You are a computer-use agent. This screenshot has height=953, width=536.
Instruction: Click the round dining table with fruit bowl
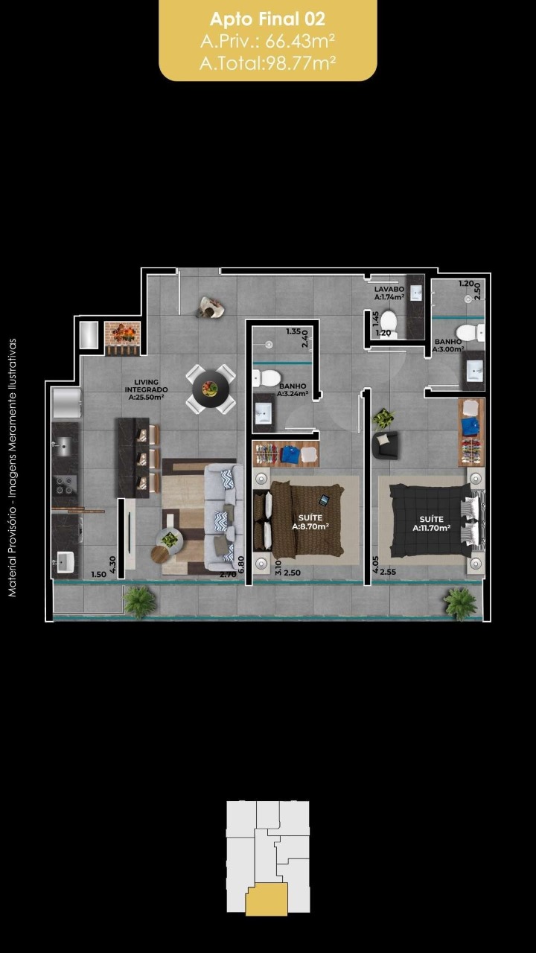210,389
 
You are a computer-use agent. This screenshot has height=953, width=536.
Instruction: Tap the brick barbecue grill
123,338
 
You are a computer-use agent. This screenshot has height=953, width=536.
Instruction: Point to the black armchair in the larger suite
385,444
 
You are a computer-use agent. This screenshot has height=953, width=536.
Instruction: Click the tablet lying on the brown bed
324,500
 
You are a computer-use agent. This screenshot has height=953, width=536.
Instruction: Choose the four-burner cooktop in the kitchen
65,485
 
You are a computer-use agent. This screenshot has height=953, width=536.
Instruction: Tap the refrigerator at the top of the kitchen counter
66,403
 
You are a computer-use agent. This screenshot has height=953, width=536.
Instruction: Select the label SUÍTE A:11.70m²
431,523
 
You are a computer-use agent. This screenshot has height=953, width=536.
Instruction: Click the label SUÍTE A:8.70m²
310,522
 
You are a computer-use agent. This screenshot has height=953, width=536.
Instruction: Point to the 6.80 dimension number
242,564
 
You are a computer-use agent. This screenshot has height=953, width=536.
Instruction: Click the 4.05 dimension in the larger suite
375,564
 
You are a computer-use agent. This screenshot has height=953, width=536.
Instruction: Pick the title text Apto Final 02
267,19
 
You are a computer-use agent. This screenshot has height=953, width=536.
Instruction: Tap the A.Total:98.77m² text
267,63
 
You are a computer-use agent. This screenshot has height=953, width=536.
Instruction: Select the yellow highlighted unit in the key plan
267,899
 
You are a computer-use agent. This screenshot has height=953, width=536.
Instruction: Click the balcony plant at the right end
460,602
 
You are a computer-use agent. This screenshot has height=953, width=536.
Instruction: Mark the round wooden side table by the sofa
160,553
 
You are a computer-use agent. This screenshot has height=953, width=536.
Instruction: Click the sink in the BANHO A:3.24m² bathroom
264,412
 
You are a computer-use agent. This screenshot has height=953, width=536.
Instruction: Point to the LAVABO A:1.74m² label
389,293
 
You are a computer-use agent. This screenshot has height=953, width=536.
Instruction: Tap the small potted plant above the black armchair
383,418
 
